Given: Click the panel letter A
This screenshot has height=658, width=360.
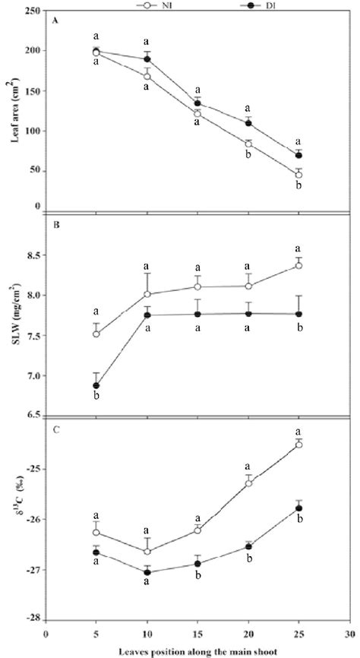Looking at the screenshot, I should point(55,22).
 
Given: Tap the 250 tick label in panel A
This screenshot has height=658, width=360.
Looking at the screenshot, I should point(33,11).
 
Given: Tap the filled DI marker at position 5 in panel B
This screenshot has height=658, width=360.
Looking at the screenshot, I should point(96,386).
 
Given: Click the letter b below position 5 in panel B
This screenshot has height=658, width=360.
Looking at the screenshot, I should point(96,398).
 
